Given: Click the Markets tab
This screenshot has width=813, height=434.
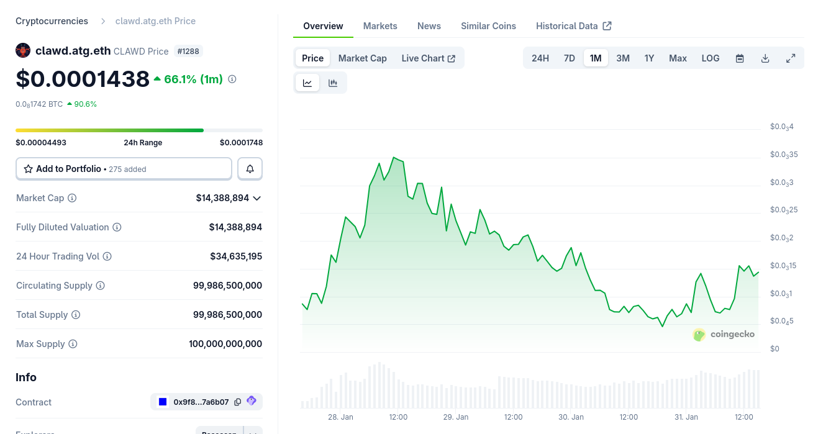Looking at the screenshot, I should coord(380,26).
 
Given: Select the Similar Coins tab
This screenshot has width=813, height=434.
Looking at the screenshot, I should coord(488,26).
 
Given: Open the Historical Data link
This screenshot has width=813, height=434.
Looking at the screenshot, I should coord(573,26).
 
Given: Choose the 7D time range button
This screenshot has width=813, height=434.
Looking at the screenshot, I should coord(569,58).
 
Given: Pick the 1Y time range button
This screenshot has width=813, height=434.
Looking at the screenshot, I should coord(649,58).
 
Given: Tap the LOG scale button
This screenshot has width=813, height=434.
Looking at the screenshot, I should coord(711,58).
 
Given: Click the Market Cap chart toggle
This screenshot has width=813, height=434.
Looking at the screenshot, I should coord(362,58).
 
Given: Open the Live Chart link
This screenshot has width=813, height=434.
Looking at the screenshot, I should coord(428,58).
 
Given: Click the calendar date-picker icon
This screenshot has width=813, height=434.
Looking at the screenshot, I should coord(740,58).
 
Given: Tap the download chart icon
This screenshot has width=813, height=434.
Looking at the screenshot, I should coord(765,58).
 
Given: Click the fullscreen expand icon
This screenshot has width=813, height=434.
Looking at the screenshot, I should coord(791,58).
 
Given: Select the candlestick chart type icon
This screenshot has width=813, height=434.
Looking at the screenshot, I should coord(333,83).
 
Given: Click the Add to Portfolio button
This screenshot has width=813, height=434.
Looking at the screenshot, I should coord(124,169).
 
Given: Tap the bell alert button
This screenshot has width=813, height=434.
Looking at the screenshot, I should coord(250,169).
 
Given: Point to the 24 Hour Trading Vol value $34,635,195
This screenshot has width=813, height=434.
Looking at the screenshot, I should coord(236,256).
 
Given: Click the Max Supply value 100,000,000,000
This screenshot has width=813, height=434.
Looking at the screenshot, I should coord(225,344).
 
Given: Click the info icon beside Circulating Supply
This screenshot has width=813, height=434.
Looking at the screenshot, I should coord(100,286).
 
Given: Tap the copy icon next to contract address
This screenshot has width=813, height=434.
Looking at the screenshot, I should coord(237,402).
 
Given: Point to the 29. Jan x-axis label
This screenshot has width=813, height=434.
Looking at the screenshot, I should coord(456,417).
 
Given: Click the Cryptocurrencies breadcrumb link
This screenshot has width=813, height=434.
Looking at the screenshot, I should coord(52,21).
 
